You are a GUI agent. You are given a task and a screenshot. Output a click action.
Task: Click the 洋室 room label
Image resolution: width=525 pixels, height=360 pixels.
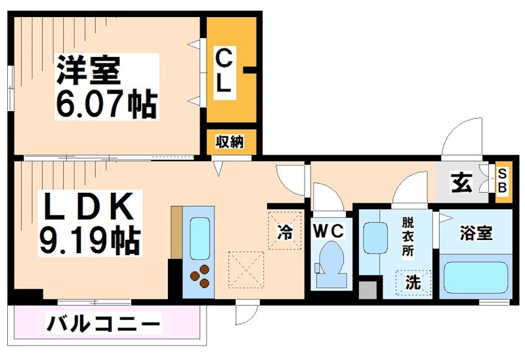[x=89, y=70]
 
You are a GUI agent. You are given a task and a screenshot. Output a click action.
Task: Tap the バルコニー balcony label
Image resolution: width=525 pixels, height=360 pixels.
[x=103, y=323]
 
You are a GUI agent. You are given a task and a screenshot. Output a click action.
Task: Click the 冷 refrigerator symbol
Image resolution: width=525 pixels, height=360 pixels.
[x=285, y=231]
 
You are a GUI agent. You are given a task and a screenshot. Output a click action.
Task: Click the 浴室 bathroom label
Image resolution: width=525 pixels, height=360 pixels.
[x=476, y=233]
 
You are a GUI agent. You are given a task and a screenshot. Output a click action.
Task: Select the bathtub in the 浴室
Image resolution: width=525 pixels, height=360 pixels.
[x=476, y=277]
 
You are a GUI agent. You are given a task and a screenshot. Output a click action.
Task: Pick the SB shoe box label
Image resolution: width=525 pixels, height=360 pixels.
[x=503, y=180]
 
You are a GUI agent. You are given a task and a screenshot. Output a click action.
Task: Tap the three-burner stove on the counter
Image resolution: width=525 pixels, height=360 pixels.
[x=200, y=275]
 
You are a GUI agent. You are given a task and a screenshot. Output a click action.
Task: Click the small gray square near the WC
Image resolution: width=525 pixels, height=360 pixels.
[x=368, y=288]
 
